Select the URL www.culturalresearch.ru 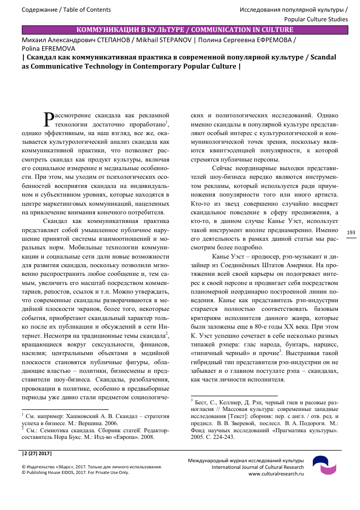(276, 473)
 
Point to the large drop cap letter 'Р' (49, 119)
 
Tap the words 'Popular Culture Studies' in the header (316, 19)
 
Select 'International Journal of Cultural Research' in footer (257, 467)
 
